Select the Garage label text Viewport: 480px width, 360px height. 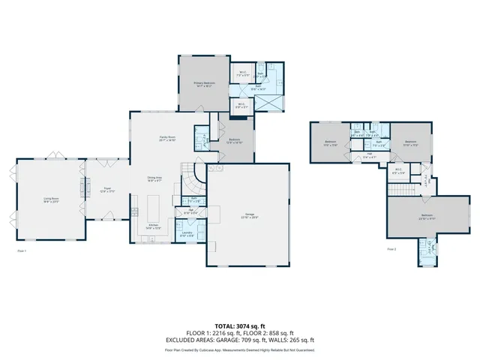(x=250, y=216)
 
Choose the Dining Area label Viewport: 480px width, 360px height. (x=155, y=178)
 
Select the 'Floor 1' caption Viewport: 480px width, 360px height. (x=22, y=250)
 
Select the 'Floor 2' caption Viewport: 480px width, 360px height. (x=391, y=248)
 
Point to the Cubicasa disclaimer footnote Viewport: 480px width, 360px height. (x=240, y=349)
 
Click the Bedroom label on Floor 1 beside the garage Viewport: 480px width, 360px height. (x=233, y=140)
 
